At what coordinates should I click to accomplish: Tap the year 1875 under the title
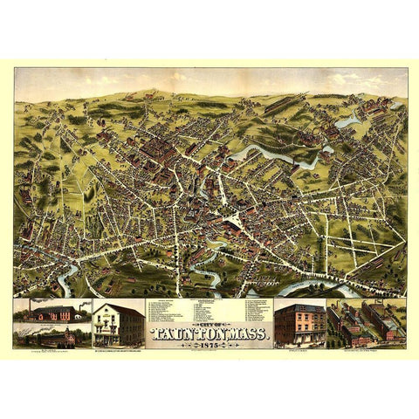click(x=209, y=346)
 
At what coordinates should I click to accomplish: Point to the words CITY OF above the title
click(x=209, y=322)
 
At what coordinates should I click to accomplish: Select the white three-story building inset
click(x=119, y=323)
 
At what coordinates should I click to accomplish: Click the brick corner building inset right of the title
click(x=299, y=323)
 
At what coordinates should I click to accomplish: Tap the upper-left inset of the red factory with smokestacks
click(x=52, y=311)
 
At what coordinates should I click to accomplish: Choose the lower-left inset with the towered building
click(x=52, y=335)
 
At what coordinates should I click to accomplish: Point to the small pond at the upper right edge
click(x=347, y=123)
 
